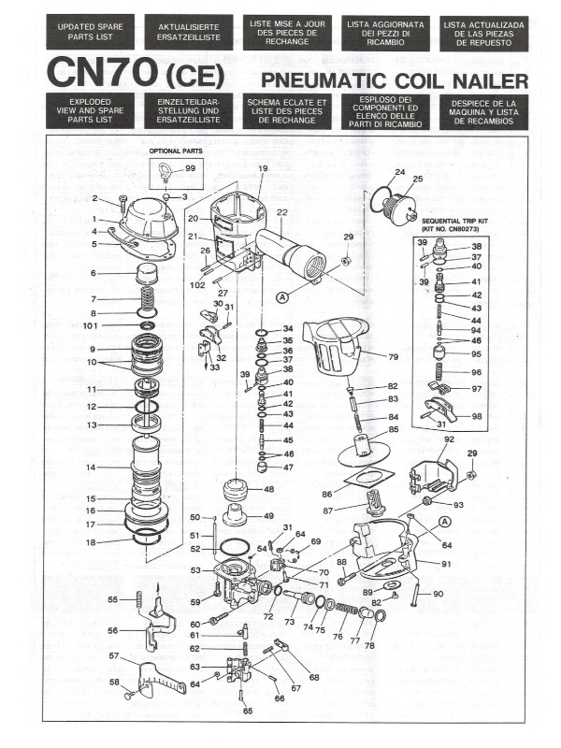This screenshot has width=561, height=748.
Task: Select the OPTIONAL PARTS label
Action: point(177,150)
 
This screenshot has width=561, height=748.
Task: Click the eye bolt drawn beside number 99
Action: point(165,170)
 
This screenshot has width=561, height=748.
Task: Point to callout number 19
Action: point(263,168)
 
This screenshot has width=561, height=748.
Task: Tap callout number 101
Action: point(89,326)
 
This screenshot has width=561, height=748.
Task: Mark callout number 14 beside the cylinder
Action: point(91,467)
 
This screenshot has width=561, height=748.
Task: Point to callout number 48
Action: point(268,489)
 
